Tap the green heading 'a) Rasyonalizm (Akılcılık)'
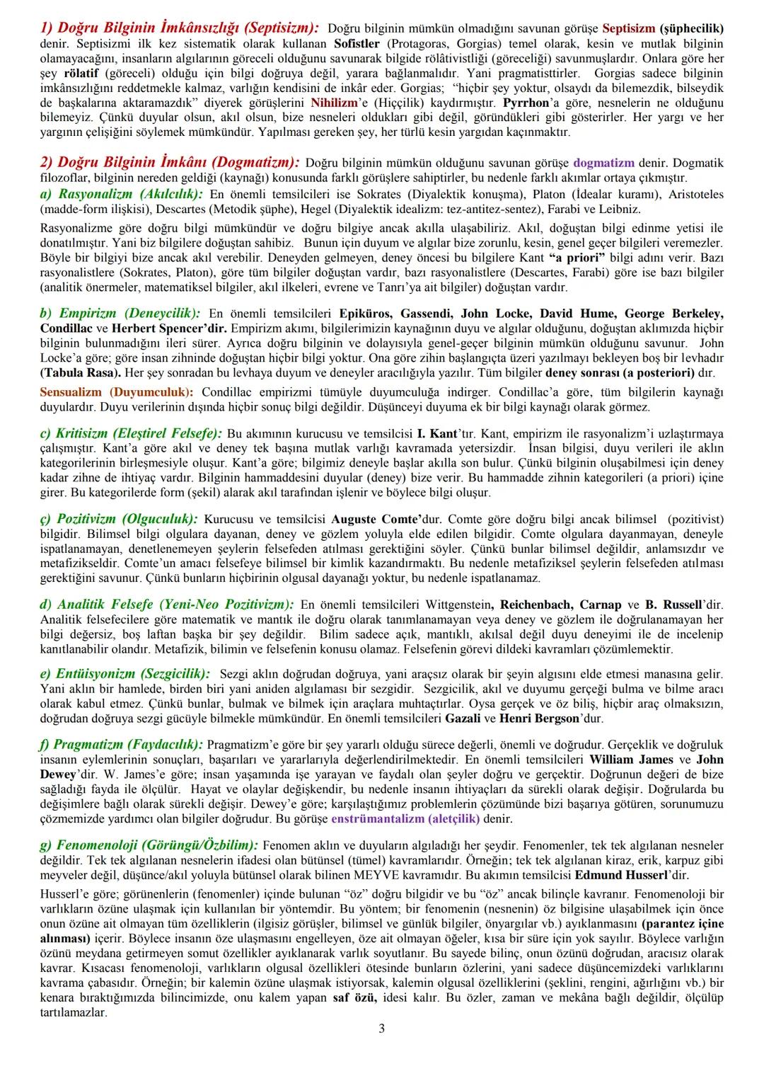[x=122, y=194]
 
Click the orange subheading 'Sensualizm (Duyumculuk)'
[x=116, y=391]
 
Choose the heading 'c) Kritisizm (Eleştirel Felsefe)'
[x=131, y=433]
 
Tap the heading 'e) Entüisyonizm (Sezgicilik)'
[x=125, y=673]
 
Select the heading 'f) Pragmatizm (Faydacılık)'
[x=121, y=744]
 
